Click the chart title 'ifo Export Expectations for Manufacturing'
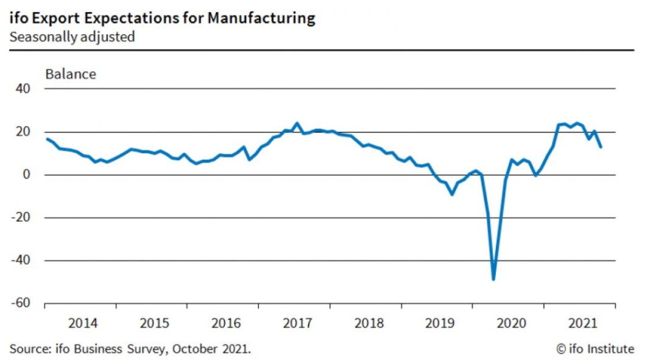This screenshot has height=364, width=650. (162, 18)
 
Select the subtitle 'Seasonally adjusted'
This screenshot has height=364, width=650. (72, 37)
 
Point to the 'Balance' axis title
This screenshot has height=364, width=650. (71, 74)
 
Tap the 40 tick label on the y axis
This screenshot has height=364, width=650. (23, 89)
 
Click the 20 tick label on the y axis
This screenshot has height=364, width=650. (23, 132)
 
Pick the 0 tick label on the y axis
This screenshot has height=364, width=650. (26, 175)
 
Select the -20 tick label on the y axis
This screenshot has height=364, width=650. (21, 218)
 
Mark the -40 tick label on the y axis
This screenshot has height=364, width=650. (21, 261)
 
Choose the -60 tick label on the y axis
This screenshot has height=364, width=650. (21, 304)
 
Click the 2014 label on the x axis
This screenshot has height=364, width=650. (83, 323)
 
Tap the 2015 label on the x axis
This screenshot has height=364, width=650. (155, 323)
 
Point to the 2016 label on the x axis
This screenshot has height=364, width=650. (226, 323)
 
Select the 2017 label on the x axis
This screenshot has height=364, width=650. (298, 323)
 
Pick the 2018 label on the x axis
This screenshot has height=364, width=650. (369, 323)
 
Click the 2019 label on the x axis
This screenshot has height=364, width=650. (440, 323)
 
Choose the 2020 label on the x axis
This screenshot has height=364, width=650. (512, 323)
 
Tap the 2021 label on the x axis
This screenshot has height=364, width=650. (582, 323)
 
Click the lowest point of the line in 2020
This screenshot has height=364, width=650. (493, 279)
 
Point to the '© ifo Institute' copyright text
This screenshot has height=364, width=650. (595, 349)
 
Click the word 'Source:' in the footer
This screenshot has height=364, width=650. (29, 349)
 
